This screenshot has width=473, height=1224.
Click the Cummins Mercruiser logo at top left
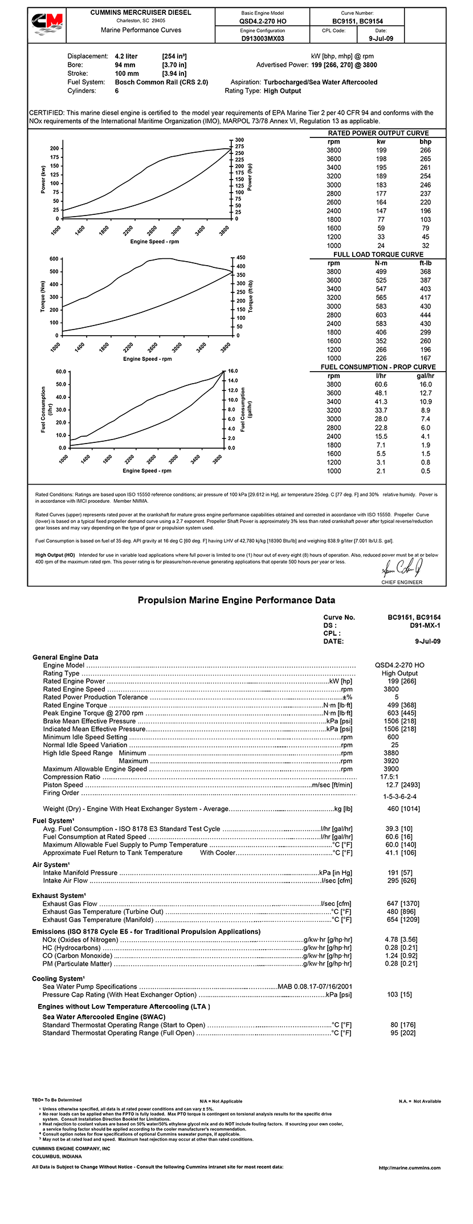pyautogui.click(x=47, y=25)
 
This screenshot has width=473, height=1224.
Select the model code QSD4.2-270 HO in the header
pyautogui.click(x=263, y=22)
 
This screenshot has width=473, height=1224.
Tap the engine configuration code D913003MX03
pyautogui.click(x=263, y=39)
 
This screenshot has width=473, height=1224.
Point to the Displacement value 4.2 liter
pyautogui.click(x=126, y=56)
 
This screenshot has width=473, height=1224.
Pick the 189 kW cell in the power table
pyautogui.click(x=381, y=176)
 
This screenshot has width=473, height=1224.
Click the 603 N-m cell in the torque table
pyautogui.click(x=381, y=315)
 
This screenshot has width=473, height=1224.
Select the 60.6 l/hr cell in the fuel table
pyautogui.click(x=381, y=384)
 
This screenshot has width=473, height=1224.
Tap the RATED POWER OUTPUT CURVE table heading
pyautogui.click(x=378, y=133)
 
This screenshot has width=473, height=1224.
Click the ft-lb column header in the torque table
pyautogui.click(x=425, y=263)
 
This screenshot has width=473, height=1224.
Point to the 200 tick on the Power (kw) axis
pyautogui.click(x=54, y=148)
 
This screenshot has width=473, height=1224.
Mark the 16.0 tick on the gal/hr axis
pyautogui.click(x=233, y=371)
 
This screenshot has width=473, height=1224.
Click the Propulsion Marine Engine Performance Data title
pyautogui.click(x=237, y=600)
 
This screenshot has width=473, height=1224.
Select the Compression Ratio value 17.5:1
pyautogui.click(x=389, y=776)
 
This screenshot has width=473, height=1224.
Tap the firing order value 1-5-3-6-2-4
pyautogui.click(x=399, y=796)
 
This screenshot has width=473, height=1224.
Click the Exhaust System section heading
pyautogui.click(x=59, y=896)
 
